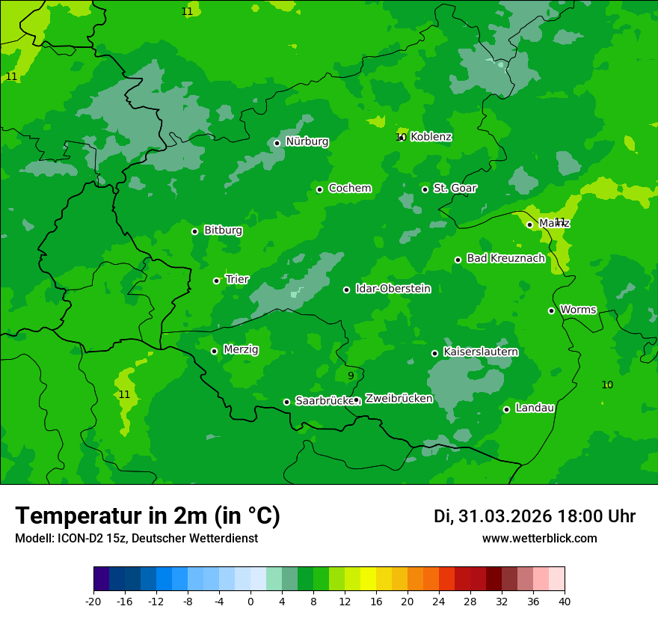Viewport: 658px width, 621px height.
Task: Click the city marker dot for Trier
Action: (217, 281)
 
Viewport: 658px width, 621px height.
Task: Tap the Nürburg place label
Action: (307, 141)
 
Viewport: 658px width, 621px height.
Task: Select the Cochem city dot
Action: (320, 189)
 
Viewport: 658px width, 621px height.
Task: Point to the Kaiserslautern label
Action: (480, 352)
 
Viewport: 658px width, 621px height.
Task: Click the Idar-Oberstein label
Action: (393, 289)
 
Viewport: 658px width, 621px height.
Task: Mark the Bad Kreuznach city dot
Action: (458, 260)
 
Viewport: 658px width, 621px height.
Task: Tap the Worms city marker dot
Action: (552, 310)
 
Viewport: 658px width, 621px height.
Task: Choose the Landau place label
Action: (535, 408)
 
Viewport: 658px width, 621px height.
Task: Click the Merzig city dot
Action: (215, 351)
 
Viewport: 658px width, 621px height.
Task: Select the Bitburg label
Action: (223, 230)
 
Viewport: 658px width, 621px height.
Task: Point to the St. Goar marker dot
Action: (425, 189)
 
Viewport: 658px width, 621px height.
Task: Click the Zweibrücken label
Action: (399, 399)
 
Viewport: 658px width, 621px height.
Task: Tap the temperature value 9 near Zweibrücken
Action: (351, 376)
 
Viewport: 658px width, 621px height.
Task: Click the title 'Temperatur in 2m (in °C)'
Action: (147, 516)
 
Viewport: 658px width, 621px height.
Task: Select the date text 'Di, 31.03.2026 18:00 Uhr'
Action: (535, 516)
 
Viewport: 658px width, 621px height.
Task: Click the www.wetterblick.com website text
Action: (539, 539)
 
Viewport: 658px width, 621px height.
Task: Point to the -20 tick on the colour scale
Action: (93, 601)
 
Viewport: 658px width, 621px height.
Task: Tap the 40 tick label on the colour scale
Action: (565, 601)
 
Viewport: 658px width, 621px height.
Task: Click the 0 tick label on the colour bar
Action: (250, 601)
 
